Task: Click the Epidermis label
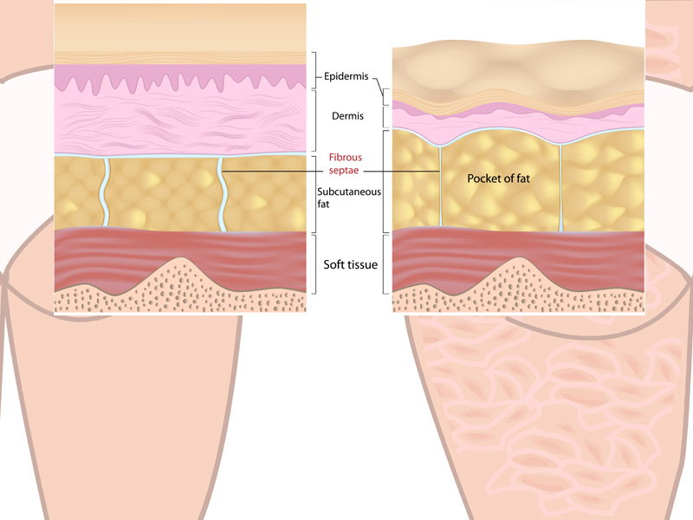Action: pos(347,76)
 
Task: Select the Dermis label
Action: pos(347,114)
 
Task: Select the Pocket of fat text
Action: pos(500,179)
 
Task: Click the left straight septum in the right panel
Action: pos(440,186)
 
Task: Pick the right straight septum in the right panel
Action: pos(560,186)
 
